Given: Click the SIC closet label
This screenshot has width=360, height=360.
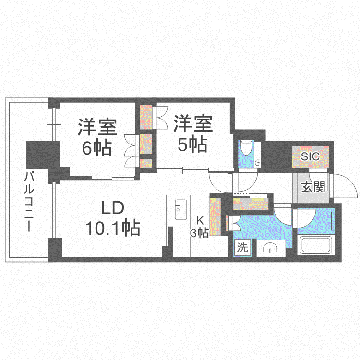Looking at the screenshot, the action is coord(310,156).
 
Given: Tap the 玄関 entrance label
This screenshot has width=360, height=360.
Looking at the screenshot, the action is coord(313,187).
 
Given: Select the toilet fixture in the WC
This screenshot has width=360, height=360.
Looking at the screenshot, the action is coord(246,147).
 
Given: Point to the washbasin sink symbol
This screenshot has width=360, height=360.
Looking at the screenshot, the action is coord(270,249).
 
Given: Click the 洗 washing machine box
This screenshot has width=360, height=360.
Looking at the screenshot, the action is coord(242,247).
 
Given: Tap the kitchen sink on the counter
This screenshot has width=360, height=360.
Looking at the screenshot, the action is coord(180,210).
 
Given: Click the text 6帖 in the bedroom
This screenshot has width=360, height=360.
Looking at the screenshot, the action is coord(97,147).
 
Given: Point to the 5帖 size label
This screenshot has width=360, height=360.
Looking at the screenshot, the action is coord(192,144).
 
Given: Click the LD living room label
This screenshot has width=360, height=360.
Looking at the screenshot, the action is coord(113,208).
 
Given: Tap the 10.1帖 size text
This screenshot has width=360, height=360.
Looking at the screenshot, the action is coord(113,228).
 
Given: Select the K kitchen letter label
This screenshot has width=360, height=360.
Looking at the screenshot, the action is coord(200,221).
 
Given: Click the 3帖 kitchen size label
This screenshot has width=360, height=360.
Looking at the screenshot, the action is coord(200,233).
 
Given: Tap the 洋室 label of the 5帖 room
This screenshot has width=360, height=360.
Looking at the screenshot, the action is coord(193,124).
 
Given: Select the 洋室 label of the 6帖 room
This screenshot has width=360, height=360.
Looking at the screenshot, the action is coord(97,127).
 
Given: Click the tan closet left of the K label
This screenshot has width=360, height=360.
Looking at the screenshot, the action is coord(216,217).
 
